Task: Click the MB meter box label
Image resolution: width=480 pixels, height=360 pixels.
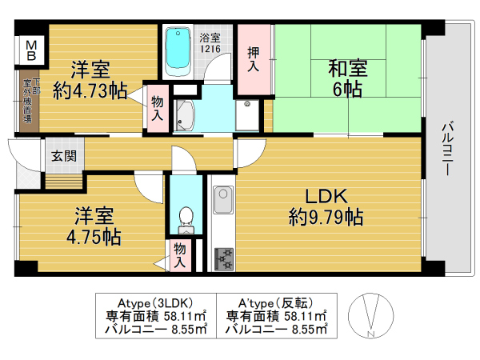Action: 33,50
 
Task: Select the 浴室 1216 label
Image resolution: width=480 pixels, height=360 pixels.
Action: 210,42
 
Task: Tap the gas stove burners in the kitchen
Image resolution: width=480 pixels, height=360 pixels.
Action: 223,258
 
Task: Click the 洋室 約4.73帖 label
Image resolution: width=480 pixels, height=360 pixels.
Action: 89,79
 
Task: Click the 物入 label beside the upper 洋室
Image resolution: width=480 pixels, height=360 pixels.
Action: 157,108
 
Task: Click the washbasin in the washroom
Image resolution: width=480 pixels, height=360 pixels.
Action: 184,115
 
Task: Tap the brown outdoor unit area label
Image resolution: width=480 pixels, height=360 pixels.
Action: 26,103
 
